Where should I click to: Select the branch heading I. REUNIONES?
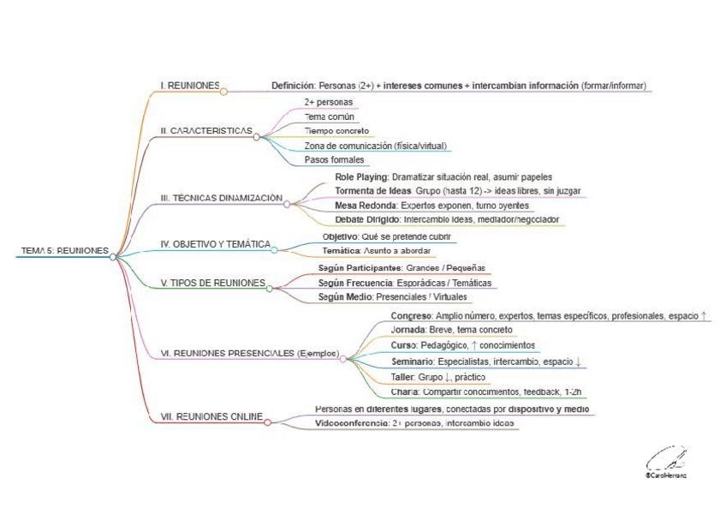[x=189, y=86]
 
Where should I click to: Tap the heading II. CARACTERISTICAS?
[x=206, y=131]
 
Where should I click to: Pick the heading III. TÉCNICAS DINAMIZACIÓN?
[x=221, y=198]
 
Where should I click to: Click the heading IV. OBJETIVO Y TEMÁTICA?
[x=215, y=244]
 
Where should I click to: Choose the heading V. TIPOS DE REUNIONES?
[x=212, y=283]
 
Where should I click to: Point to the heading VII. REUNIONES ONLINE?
[x=211, y=416]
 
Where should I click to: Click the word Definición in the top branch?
[x=294, y=86]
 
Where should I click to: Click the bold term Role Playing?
[x=361, y=176]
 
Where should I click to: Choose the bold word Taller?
[x=402, y=377]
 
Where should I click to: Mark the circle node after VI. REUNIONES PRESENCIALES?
[x=343, y=359]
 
